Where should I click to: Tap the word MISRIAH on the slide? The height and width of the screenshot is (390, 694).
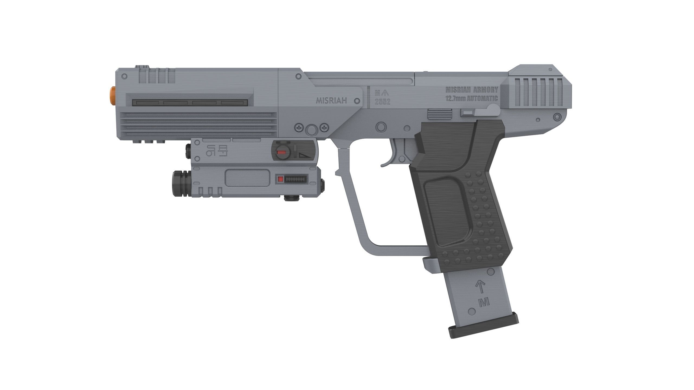point(331,101)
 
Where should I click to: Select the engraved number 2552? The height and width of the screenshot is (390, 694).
point(382,102)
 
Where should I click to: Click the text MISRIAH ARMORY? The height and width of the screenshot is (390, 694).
point(472,90)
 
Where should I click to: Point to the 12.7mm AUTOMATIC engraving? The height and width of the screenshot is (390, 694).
point(472,98)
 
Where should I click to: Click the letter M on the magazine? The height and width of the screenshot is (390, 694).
point(484,302)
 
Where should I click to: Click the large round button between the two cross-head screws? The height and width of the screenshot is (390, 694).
point(311,130)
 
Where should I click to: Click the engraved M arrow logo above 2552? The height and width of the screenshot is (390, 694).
point(382,94)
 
